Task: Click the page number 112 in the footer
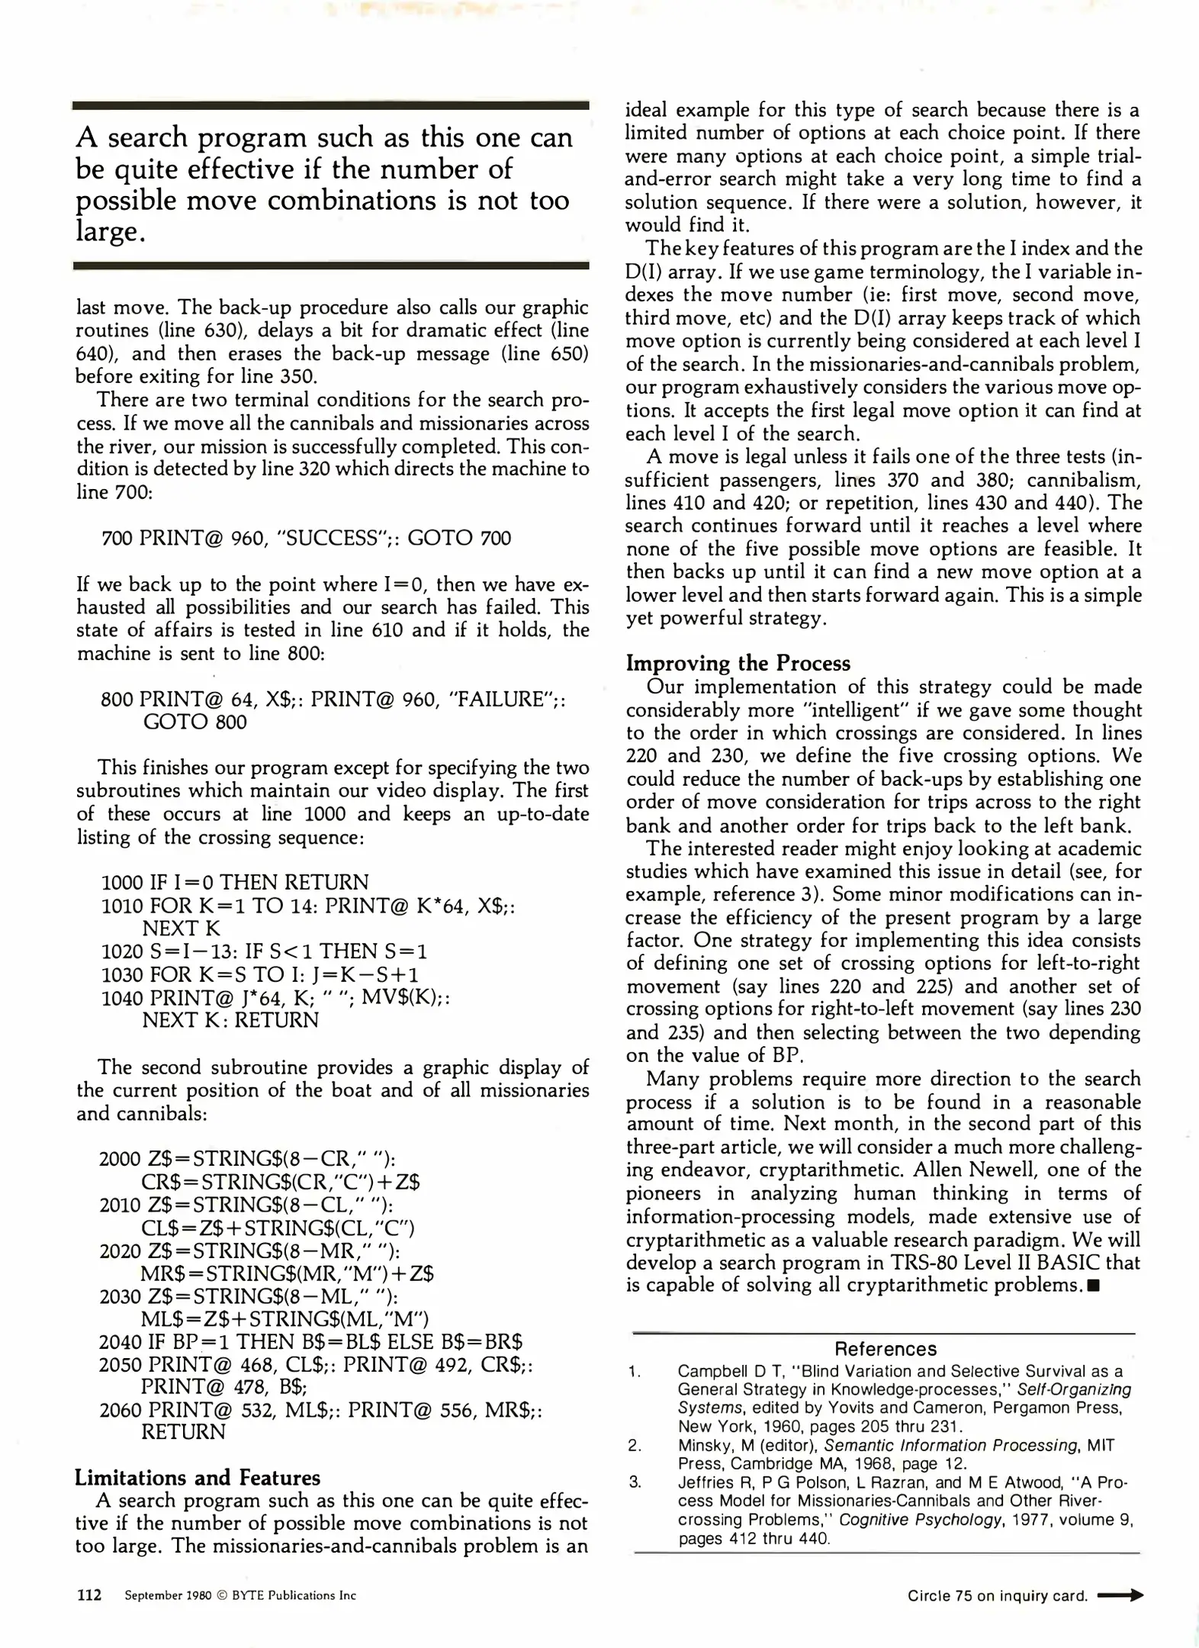click(89, 1595)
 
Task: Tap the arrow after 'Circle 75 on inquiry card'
click(1119, 1595)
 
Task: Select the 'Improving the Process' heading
click(738, 662)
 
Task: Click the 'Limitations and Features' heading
click(197, 1478)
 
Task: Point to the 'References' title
click(885, 1349)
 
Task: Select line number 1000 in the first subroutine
click(122, 883)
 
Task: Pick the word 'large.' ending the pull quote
click(110, 232)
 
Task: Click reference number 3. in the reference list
click(635, 1482)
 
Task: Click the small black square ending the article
click(1094, 1286)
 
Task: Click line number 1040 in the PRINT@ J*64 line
click(122, 997)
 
